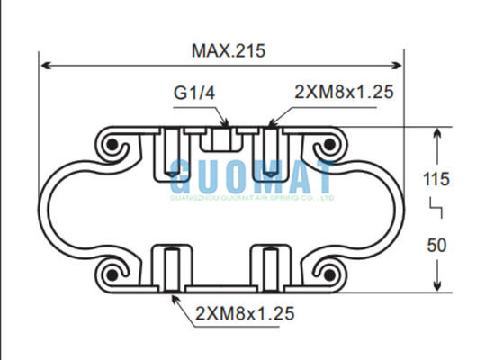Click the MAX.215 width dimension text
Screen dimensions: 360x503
point(229,51)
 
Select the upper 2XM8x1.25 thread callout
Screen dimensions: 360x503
point(345,93)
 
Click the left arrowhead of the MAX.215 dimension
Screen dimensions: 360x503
point(42,66)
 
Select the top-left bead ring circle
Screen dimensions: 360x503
point(112,146)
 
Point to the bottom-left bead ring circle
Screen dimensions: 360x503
point(112,271)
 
